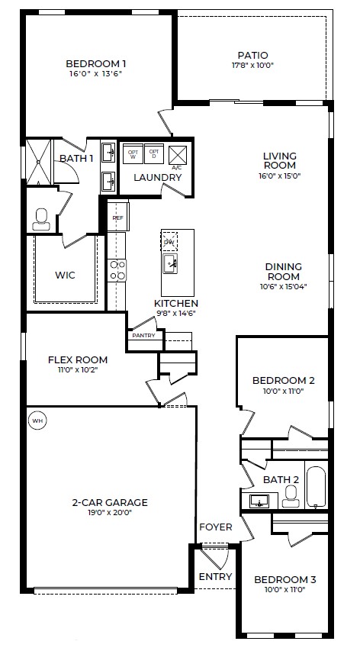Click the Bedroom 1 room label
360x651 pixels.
95,63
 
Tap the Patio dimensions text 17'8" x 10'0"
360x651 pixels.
252,66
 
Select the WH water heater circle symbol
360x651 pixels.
36,418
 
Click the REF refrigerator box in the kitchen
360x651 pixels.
117,218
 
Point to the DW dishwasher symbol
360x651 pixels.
169,243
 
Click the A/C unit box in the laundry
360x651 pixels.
177,156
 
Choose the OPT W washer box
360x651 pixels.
133,153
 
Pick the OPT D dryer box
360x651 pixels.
155,153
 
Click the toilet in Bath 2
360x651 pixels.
290,498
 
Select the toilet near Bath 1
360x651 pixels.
41,219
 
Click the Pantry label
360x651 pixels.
143,335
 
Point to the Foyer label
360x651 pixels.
215,527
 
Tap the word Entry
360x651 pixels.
215,576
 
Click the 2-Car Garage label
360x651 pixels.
110,502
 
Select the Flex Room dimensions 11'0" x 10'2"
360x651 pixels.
77,370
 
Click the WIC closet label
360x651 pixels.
64,275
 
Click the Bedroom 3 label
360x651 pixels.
284,579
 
